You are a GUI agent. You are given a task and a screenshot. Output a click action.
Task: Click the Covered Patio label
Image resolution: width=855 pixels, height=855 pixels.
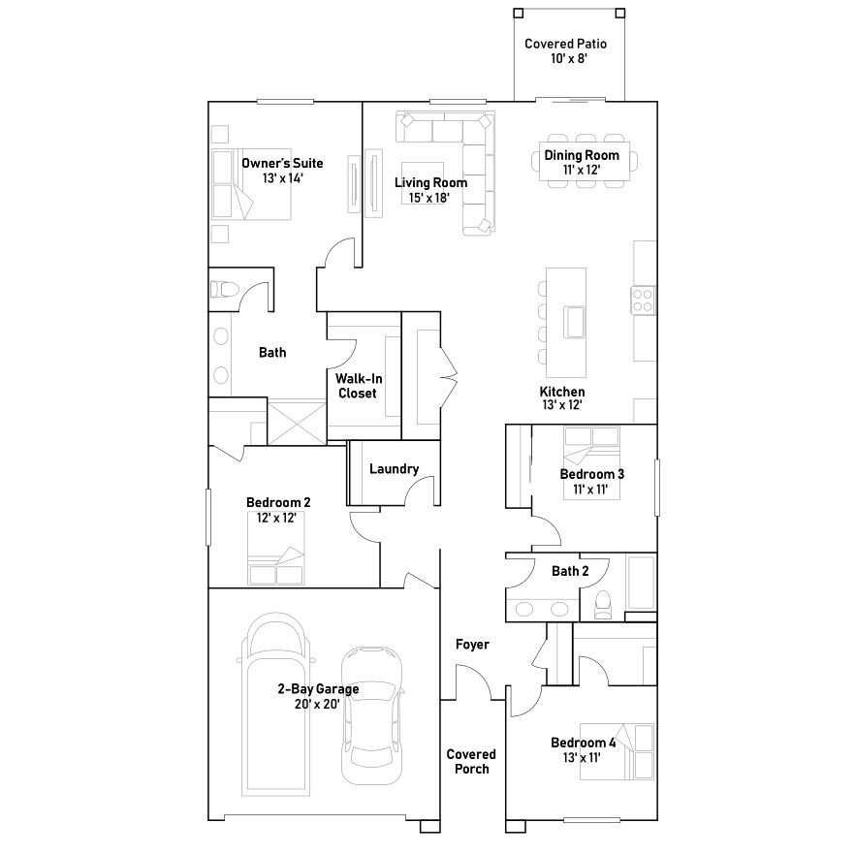pos(565,44)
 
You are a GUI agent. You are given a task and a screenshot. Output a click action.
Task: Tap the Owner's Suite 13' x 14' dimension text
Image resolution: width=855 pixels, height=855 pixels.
pos(282,178)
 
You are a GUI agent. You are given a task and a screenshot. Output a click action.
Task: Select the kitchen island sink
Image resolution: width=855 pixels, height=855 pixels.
pos(574,322)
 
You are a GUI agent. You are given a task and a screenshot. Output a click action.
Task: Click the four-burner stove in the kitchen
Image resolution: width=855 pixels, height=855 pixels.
pos(644,301)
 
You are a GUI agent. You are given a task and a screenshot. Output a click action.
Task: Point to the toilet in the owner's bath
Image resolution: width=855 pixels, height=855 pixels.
pos(225,289)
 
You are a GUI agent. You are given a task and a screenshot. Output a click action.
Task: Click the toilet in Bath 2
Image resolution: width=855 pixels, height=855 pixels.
pos(603,605)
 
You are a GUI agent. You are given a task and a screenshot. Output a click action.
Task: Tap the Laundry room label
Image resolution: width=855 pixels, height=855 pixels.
pos(395,469)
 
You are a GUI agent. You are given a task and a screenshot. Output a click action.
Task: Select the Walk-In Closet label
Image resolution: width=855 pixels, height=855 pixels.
pos(359,386)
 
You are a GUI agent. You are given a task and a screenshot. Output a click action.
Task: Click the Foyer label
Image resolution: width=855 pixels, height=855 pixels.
pos(472,645)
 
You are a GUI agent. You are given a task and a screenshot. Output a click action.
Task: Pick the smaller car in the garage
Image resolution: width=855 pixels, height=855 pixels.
pos(372,714)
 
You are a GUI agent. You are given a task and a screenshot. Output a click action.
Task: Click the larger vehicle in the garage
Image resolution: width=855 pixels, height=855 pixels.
pos(275,704)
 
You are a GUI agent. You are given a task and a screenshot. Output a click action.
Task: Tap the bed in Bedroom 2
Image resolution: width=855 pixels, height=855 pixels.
pos(276,548)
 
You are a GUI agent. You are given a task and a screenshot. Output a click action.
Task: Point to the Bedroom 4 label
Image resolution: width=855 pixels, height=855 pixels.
pos(583,743)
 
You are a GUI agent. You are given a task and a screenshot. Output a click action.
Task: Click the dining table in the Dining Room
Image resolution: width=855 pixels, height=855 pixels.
pos(585,161)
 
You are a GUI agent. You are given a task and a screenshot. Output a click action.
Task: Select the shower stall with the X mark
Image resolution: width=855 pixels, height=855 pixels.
pos(298,422)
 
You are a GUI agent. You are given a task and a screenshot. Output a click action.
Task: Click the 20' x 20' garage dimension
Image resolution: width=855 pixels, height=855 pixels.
pos(317,704)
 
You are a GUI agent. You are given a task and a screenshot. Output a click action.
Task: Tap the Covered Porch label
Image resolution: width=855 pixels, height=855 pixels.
pos(472,761)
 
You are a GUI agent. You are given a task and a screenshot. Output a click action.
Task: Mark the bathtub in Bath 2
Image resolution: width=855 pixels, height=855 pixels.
pos(642,582)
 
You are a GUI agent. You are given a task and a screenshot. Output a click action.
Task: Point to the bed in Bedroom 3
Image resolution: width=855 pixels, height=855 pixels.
pos(591,463)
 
